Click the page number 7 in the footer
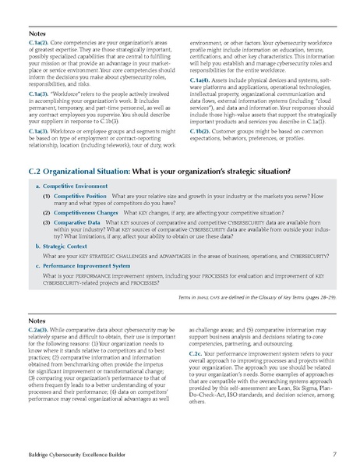click(334, 452)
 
